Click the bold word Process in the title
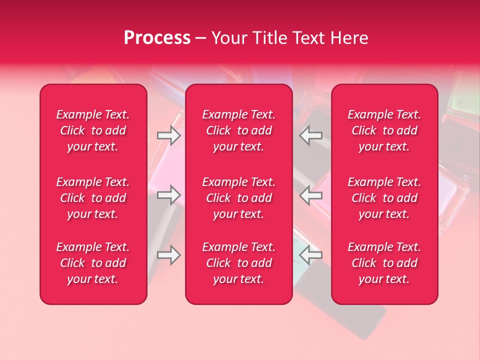[157, 38]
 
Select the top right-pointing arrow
[168, 135]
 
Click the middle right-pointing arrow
[168, 195]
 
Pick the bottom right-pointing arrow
[168, 255]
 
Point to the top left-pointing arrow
[311, 135]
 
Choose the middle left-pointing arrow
[311, 195]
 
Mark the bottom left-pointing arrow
[311, 255]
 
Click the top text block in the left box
[93, 130]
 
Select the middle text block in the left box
[93, 198]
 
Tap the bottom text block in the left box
[93, 263]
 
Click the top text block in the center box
[238, 130]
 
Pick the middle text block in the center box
[238, 198]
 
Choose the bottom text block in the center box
[238, 263]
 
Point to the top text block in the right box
[384, 130]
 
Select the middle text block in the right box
[384, 198]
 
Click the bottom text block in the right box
[384, 263]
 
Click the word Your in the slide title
[228, 38]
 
